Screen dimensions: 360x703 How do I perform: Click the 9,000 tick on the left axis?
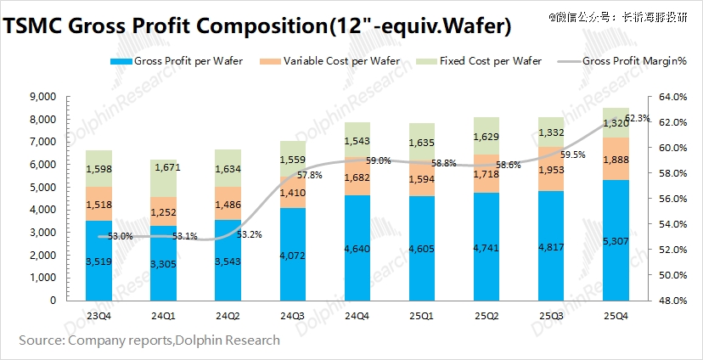(x=42, y=97)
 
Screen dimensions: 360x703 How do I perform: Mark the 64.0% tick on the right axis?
(x=666, y=97)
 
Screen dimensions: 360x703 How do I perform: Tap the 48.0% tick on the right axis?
(x=666, y=301)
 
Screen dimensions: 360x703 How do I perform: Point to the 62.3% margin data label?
(x=638, y=118)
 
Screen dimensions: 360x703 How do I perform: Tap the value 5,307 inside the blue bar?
(x=616, y=240)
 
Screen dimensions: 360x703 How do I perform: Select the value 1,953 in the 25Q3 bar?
(x=551, y=170)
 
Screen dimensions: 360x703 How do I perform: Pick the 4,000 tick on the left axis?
(x=42, y=210)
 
